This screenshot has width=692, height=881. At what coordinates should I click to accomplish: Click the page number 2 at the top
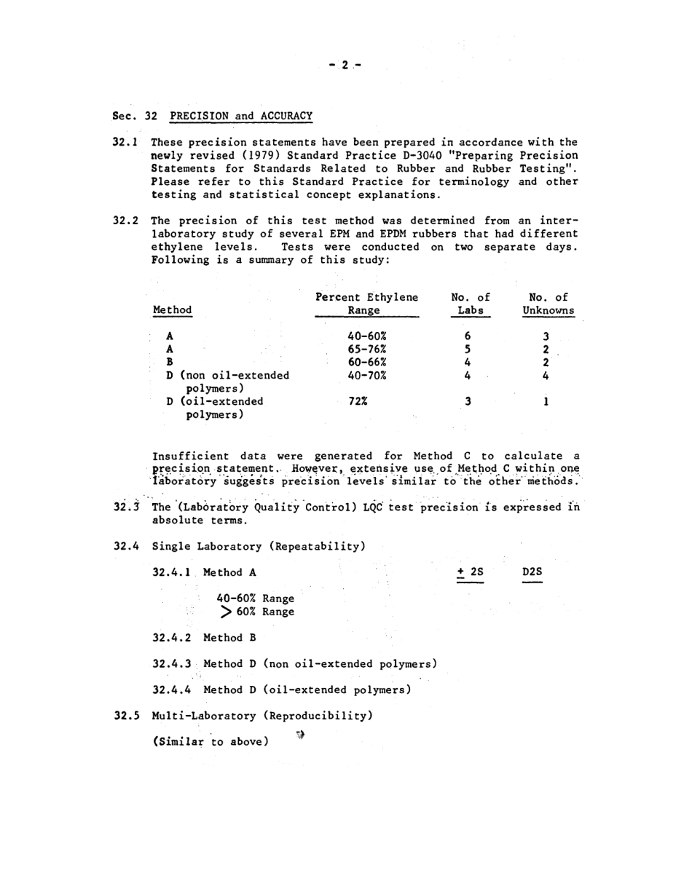[345, 66]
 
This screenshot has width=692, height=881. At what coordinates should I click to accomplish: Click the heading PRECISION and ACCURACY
[241, 116]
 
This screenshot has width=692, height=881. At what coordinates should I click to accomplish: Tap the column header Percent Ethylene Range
[366, 304]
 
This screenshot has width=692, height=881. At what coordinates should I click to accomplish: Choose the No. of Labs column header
[470, 304]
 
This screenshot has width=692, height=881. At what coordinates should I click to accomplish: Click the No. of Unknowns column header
[548, 304]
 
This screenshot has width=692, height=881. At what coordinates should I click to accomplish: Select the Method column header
[173, 310]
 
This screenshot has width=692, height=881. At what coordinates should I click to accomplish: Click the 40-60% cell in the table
[367, 336]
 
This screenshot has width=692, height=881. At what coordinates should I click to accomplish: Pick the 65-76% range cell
[367, 349]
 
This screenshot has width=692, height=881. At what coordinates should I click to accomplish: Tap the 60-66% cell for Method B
[367, 362]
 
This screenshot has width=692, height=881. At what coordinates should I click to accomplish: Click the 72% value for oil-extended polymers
[358, 402]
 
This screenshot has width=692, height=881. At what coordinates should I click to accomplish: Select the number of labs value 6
[468, 336]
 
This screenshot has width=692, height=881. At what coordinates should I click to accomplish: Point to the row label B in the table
[170, 362]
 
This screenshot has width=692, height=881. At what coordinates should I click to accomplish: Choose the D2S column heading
[532, 572]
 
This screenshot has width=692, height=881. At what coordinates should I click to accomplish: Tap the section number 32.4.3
[172, 664]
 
